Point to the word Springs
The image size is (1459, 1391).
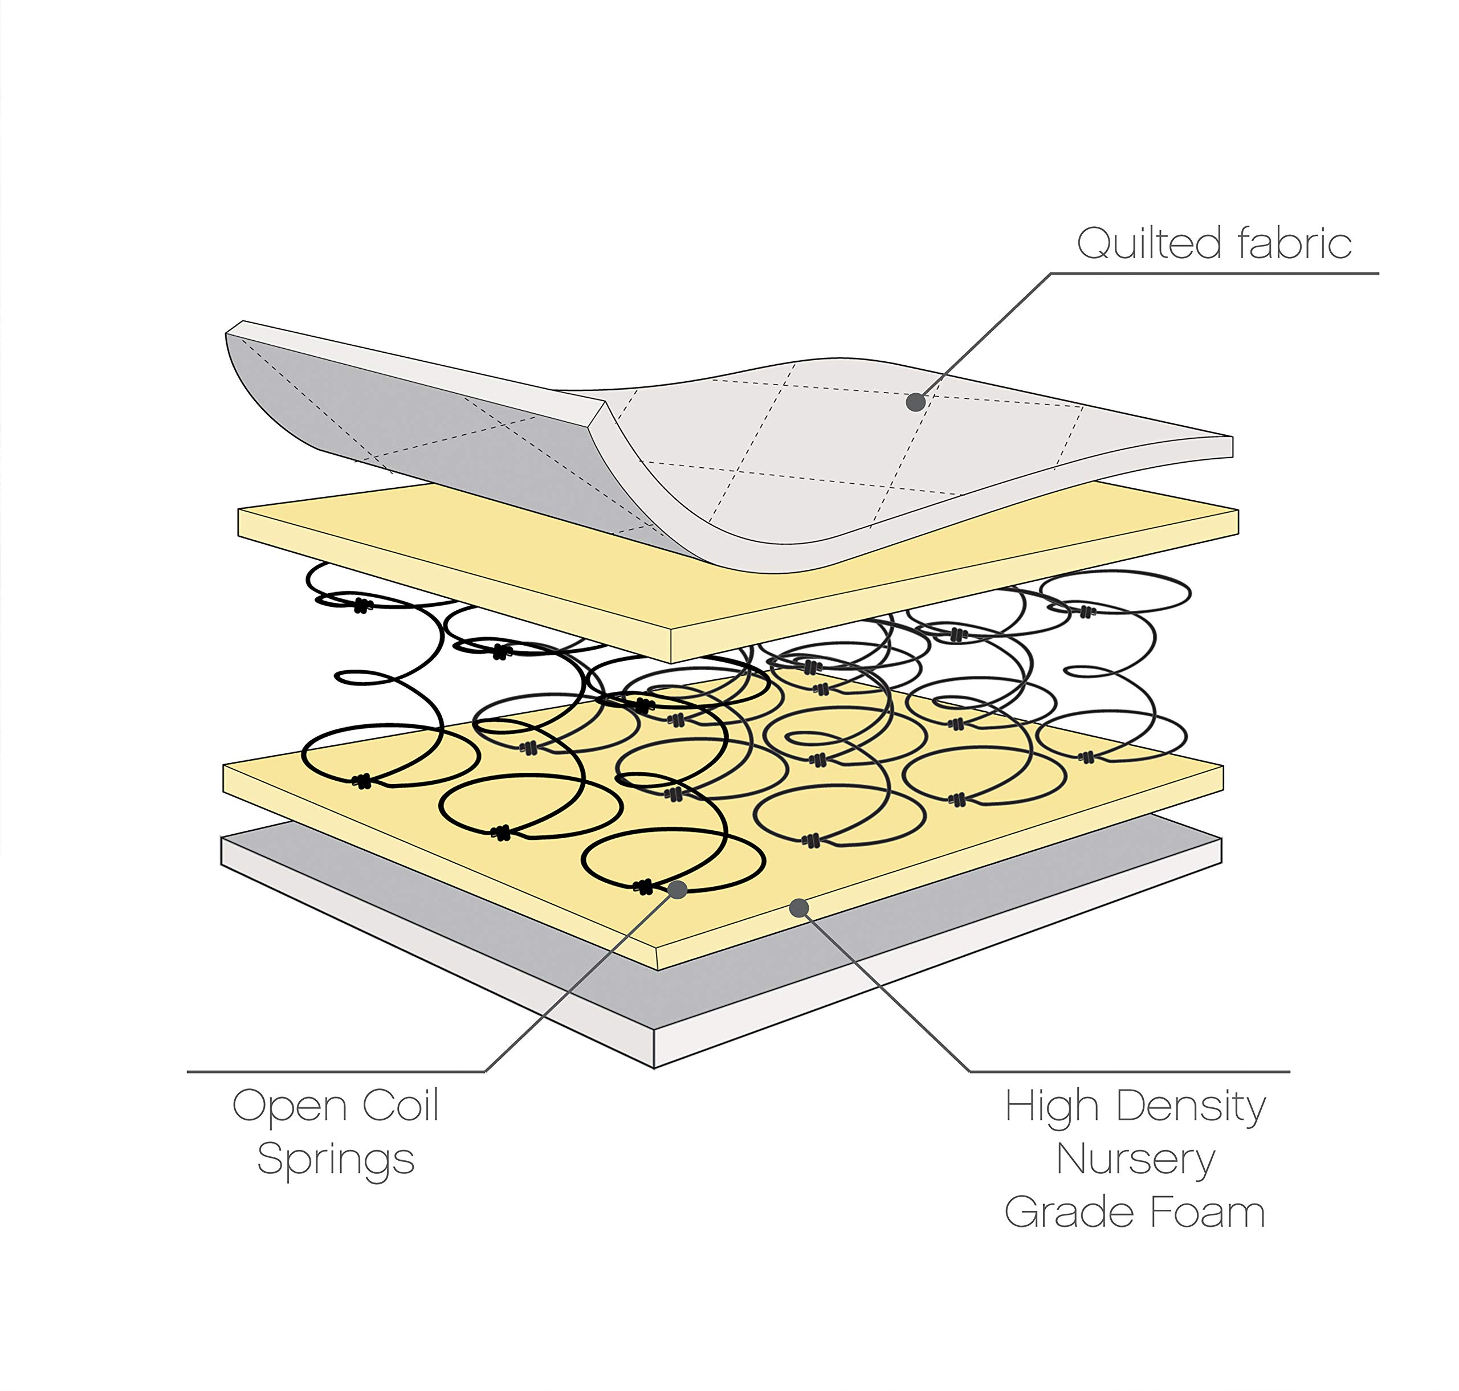335,1160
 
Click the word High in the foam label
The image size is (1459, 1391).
1051,1107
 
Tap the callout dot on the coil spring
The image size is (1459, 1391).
677,890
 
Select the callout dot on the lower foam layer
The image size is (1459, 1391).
798,908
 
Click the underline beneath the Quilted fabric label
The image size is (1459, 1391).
1215,274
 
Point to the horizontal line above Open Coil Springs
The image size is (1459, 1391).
336,1071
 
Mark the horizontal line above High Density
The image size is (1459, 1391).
1130,1071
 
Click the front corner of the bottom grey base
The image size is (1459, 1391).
654,1068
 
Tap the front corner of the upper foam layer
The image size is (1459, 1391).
671,662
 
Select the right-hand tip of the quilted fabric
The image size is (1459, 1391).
1232,447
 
